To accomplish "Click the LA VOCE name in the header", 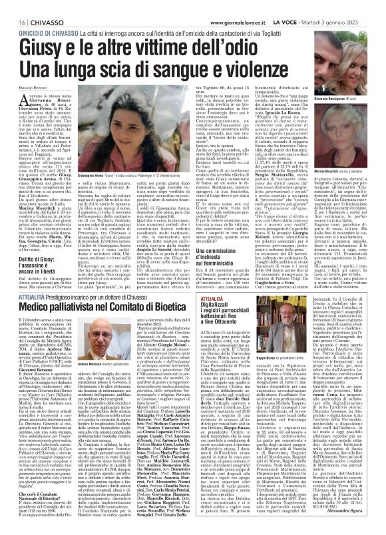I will coord(313,5).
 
